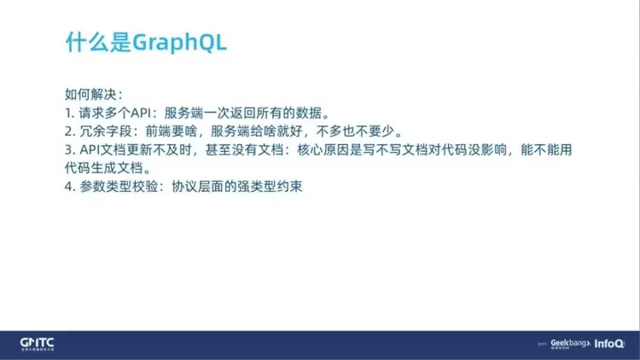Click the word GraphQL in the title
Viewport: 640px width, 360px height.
point(179,43)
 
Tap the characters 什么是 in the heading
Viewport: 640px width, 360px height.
point(98,42)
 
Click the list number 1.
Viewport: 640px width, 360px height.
point(68,113)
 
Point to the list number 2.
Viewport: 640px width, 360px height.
point(69,131)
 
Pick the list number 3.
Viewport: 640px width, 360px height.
point(69,150)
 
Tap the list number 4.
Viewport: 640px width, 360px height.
point(69,187)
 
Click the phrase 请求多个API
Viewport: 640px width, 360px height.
point(115,113)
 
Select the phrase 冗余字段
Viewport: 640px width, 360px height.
point(105,131)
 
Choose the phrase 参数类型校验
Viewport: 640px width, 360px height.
point(119,187)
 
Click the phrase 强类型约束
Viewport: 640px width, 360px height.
point(270,187)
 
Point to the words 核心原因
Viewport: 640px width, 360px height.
point(323,150)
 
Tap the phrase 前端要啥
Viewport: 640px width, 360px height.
point(172,131)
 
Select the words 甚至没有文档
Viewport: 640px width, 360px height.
point(244,150)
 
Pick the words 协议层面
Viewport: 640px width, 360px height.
point(198,187)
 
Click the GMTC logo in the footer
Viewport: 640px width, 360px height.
point(38,344)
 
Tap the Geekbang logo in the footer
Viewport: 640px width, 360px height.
point(570,344)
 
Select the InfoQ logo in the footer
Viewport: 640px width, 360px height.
point(609,344)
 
